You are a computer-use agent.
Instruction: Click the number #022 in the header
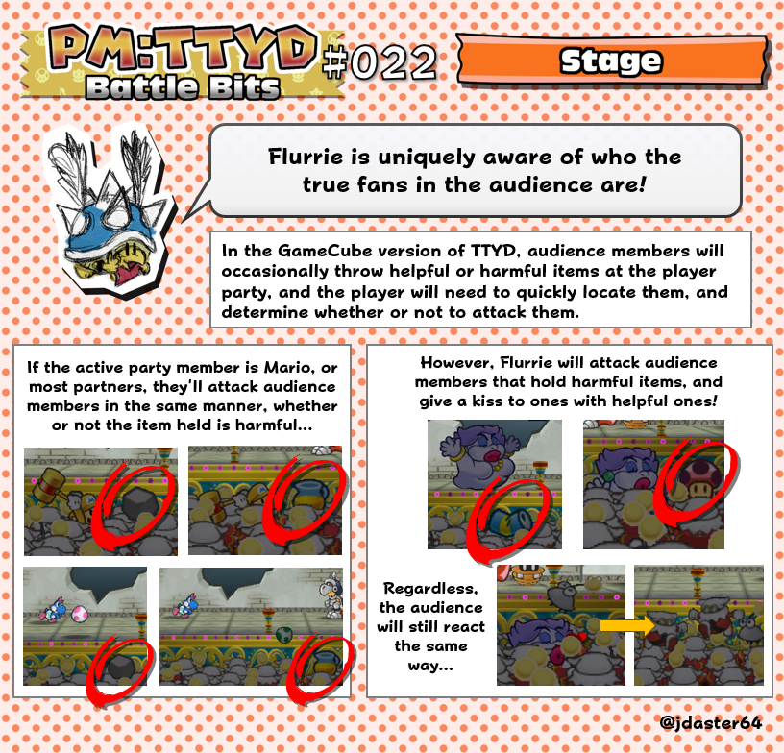(380, 62)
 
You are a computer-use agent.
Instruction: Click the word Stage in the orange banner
(611, 61)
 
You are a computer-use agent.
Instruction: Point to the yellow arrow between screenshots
(621, 626)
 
